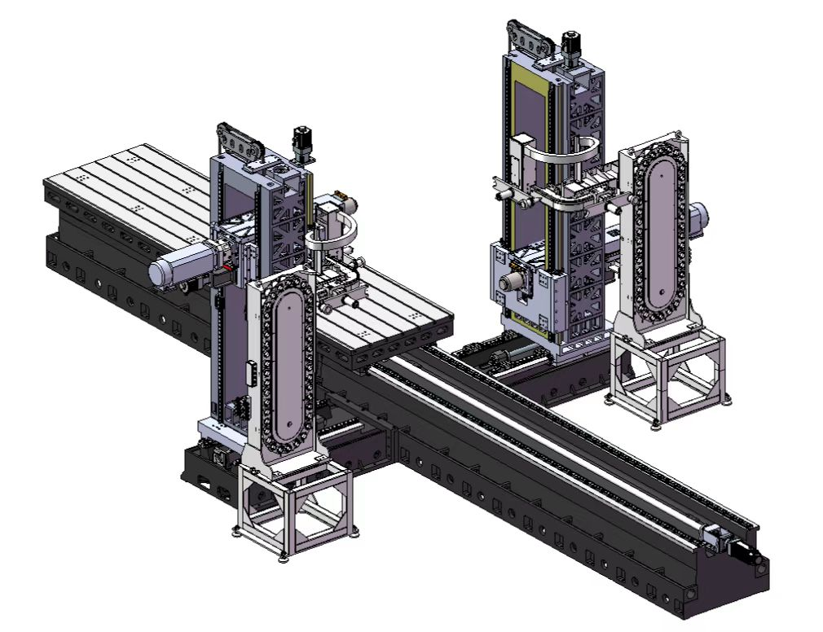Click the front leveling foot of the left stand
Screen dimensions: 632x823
[284, 556]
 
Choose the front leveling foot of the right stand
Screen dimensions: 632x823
[657, 422]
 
